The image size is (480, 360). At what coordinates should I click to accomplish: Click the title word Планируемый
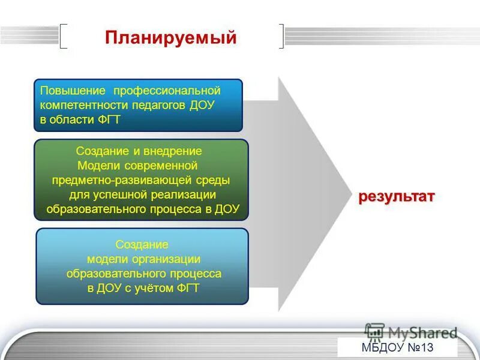(171, 38)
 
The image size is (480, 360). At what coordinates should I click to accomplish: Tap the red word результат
(397, 197)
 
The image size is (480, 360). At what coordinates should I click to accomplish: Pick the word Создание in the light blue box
(142, 245)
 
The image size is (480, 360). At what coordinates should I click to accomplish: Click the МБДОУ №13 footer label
(397, 348)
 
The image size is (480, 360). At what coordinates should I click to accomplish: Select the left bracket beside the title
(63, 36)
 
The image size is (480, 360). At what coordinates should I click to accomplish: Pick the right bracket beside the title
(281, 36)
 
